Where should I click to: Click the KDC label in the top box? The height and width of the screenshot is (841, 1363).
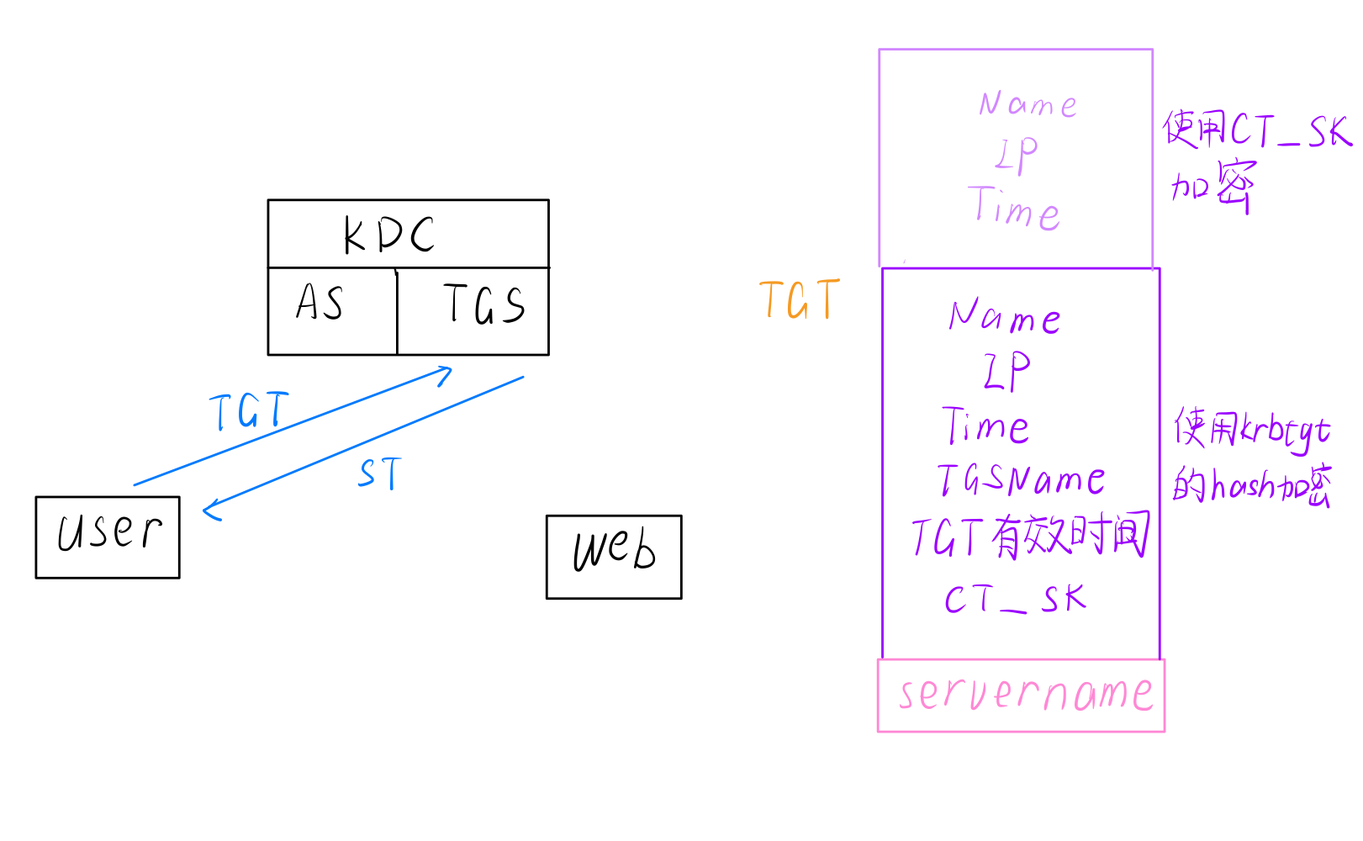click(389, 235)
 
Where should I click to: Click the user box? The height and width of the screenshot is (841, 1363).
click(108, 537)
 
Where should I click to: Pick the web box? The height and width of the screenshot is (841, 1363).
click(614, 556)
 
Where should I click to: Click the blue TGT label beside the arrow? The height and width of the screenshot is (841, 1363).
click(249, 411)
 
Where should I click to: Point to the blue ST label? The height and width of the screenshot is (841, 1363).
click(380, 474)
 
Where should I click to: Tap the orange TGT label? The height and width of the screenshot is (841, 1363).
click(800, 300)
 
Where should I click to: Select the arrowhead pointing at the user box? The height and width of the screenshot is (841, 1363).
click(210, 509)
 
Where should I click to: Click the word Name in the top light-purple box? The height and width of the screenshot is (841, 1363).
click(1028, 104)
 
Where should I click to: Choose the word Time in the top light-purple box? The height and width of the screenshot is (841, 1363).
click(1014, 209)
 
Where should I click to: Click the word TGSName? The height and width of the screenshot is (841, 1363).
click(1022, 480)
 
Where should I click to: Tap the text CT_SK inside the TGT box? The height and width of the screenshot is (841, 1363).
click(1015, 600)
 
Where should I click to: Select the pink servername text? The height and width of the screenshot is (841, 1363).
click(1025, 695)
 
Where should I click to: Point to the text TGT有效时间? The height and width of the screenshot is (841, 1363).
click(1030, 537)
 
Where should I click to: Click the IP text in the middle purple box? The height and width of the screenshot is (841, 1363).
click(1006, 371)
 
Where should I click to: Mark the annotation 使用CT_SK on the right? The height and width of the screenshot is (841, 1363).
click(1256, 131)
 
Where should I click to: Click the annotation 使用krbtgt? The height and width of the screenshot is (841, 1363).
click(1252, 431)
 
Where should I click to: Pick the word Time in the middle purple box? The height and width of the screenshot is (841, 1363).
click(986, 426)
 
